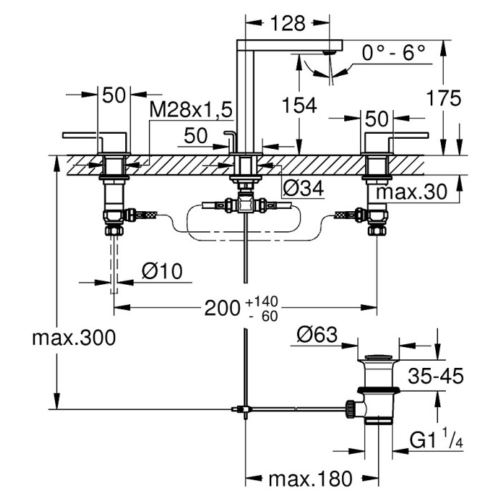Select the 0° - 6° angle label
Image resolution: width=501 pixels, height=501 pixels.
point(392,52)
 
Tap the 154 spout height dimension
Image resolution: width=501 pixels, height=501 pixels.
point(298,105)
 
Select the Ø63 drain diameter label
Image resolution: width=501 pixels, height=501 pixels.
point(315,334)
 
